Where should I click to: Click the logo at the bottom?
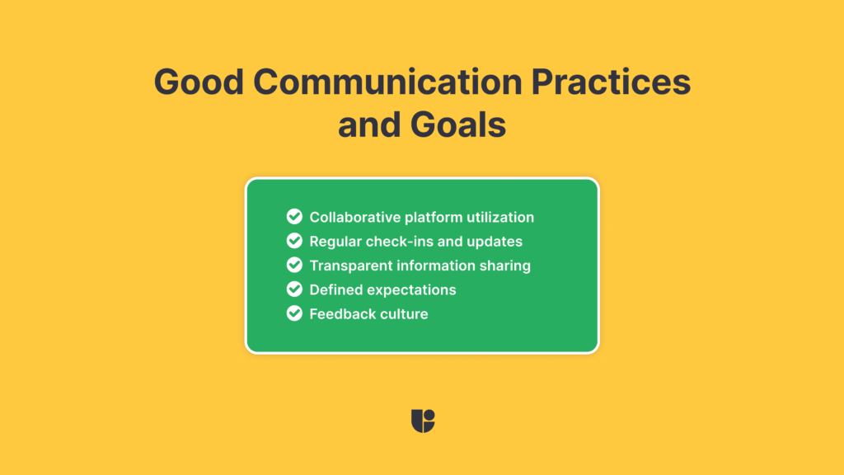click(x=422, y=421)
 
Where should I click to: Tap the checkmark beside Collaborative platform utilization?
click(x=294, y=217)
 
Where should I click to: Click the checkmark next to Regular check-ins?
click(x=294, y=241)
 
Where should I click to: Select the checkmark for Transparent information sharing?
click(x=294, y=266)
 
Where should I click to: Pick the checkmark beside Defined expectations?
click(x=294, y=289)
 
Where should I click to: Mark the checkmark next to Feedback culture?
click(x=294, y=313)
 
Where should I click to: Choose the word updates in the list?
click(x=495, y=242)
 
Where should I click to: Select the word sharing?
click(x=504, y=266)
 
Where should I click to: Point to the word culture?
click(x=404, y=314)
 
